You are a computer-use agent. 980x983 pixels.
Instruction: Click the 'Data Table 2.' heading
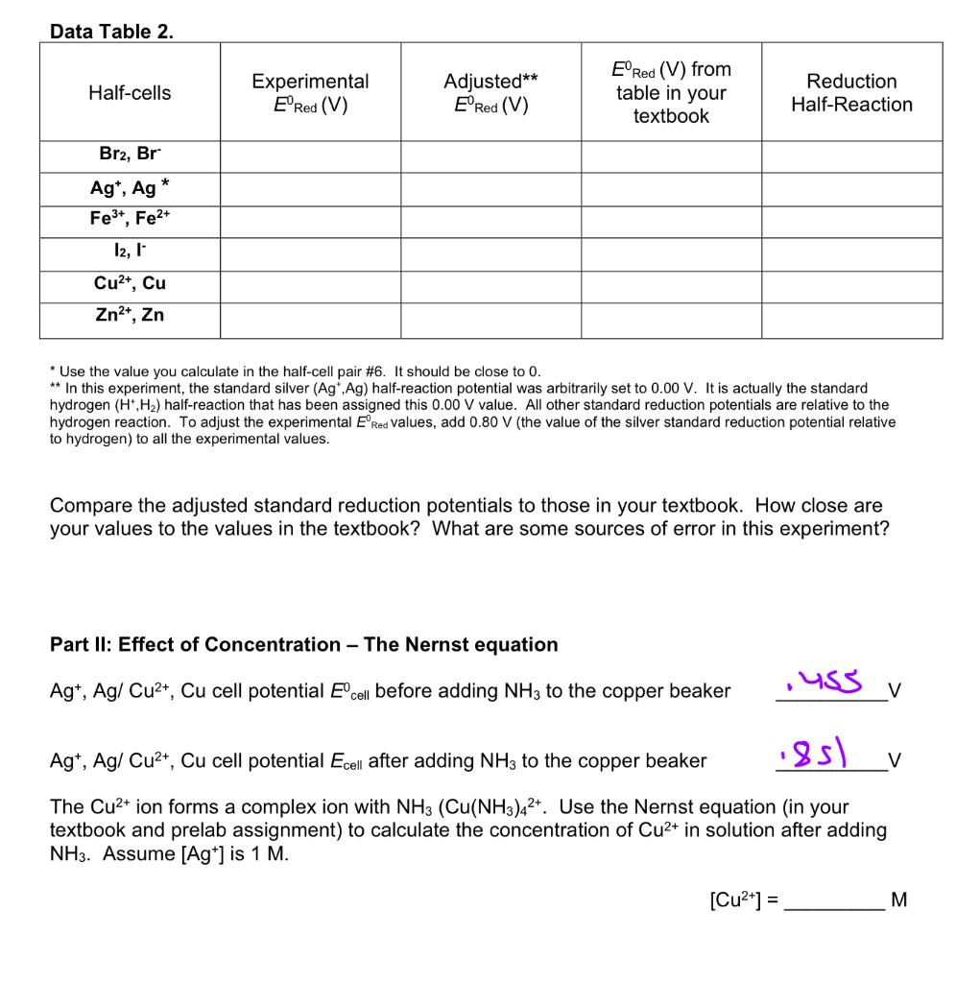point(111,32)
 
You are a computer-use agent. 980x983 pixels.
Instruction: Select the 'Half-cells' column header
point(130,93)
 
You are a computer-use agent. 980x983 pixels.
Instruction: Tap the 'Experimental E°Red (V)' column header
point(310,93)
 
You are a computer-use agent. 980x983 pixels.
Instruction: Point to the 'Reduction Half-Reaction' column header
point(851,93)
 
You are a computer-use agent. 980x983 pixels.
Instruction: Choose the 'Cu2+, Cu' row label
point(130,283)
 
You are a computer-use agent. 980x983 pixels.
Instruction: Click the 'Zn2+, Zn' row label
point(130,315)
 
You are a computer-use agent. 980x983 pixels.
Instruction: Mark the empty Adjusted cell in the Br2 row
point(490,156)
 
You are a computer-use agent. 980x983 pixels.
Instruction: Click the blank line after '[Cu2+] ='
point(832,900)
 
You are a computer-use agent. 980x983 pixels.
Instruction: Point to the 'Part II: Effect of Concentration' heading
point(303,645)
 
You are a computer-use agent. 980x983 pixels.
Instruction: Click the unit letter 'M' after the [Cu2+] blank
point(898,900)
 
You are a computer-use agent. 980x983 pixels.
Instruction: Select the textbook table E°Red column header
point(671,93)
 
